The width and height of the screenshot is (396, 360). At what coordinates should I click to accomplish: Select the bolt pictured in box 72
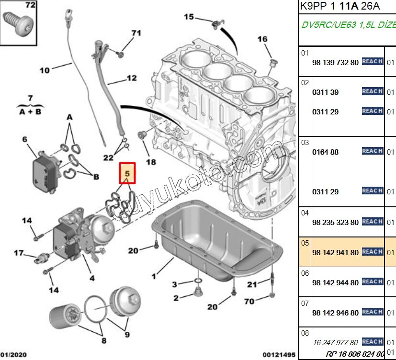[x=19, y=22]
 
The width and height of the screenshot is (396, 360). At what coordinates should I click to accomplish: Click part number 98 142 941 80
[x=335, y=252]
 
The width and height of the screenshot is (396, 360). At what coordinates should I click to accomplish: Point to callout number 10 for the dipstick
[x=45, y=70]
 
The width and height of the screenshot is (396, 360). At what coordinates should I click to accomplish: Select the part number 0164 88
[x=325, y=152]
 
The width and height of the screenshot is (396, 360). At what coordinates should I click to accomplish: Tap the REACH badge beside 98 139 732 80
[x=372, y=62]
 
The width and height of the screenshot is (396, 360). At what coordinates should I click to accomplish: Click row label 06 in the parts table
[x=305, y=273]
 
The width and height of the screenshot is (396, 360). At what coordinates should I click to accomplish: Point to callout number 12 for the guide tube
[x=131, y=78]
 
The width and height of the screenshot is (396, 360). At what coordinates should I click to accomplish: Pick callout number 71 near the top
[x=136, y=33]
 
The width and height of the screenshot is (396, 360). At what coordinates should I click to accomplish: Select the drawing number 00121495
[x=279, y=355]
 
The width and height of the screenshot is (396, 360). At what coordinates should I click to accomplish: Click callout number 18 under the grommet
[x=151, y=162]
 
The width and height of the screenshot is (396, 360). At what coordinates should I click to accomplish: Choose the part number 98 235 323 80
[x=335, y=222]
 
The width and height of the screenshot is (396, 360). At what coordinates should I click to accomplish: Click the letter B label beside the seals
[x=96, y=177]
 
